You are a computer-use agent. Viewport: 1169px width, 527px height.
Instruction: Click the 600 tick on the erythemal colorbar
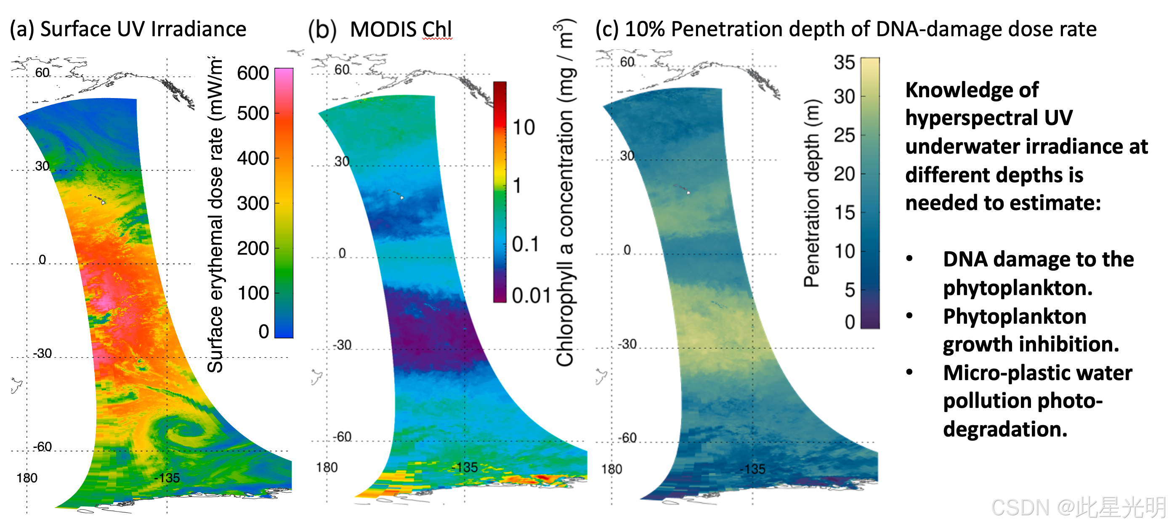pos(253,73)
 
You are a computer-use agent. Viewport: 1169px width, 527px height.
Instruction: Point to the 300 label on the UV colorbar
pos(253,203)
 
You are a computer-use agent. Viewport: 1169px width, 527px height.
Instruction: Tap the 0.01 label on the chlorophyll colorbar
pos(531,295)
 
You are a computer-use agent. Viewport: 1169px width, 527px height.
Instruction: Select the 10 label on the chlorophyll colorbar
pos(523,127)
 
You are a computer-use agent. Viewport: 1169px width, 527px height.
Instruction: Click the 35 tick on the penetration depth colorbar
pos(844,62)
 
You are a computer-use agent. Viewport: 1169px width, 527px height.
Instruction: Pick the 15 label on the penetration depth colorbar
pos(845,213)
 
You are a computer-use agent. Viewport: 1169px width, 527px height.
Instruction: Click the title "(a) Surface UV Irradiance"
pos(128,29)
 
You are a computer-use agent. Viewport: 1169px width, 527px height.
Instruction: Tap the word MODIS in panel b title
pos(383,29)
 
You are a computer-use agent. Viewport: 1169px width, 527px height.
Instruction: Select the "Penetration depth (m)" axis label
pos(812,193)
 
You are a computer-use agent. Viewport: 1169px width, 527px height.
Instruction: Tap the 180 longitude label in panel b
pos(327,467)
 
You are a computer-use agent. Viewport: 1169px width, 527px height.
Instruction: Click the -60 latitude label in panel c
pos(627,438)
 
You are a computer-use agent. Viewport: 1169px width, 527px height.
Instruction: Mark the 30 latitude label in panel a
pos(42,166)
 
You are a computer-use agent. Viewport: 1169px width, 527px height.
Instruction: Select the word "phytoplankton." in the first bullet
pos(1018,288)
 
